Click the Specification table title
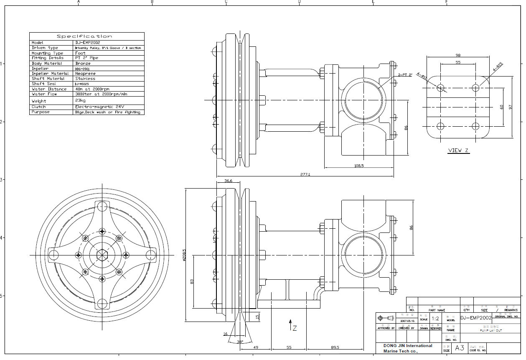tap(86, 36)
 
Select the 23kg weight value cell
tap(80, 101)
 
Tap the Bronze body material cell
tap(83, 64)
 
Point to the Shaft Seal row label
tap(44, 84)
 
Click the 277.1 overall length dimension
tap(305, 174)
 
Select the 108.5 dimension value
tap(358, 166)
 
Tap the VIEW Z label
tap(458, 151)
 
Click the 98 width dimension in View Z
tap(458, 55)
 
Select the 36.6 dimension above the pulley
tap(228, 181)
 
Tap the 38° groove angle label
tap(240, 342)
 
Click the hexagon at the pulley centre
tap(102, 255)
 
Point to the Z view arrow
tap(290, 324)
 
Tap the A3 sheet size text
tap(460, 348)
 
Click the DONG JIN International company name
tap(408, 346)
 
